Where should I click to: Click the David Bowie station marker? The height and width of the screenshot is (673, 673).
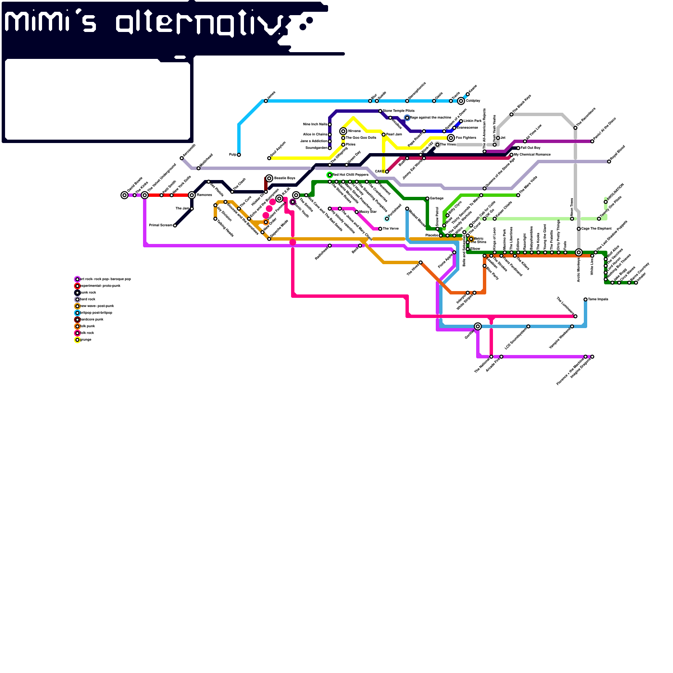(125, 195)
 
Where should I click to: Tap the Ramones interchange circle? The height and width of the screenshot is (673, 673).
(192, 195)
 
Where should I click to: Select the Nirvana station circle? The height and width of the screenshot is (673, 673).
(343, 131)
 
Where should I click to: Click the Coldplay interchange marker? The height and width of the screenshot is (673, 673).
(461, 101)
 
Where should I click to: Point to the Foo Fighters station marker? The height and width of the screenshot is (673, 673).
(451, 138)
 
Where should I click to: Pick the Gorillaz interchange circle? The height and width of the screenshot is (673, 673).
(478, 326)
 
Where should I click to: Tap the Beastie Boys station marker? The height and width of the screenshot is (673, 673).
(269, 178)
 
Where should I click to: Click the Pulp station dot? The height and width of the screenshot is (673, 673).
(239, 155)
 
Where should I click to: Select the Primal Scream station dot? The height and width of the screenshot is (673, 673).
(175, 225)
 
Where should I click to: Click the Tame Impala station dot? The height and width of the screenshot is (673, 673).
(586, 299)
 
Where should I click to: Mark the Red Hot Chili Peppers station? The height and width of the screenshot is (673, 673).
(330, 175)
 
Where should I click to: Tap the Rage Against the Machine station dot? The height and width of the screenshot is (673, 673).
(407, 118)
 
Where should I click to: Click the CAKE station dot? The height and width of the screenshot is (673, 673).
(387, 172)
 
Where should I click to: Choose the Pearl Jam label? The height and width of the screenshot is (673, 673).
(394, 135)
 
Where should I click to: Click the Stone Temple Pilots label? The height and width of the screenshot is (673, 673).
(399, 111)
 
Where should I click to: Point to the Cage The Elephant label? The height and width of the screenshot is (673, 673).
(596, 229)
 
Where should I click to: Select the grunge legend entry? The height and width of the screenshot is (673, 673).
(85, 340)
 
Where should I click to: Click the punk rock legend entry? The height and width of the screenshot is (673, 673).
(88, 293)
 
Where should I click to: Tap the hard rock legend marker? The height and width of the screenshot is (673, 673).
(77, 299)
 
